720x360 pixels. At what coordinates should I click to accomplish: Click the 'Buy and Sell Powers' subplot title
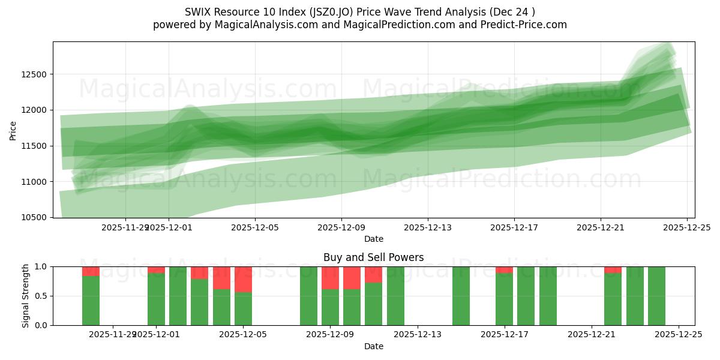373,257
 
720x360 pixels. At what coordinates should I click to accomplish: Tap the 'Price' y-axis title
13,130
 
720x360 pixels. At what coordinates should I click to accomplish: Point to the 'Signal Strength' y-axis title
25,296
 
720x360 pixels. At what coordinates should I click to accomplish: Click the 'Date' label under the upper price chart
373,239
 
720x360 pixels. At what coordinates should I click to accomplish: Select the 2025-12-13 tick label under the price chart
428,227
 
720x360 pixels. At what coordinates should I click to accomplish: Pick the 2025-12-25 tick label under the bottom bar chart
679,335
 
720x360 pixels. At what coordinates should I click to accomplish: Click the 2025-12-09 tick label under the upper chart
341,227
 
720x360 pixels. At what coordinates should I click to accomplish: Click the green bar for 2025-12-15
461,296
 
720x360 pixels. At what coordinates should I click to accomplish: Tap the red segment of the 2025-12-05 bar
243,279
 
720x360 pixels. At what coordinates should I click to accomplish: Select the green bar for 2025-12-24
656,296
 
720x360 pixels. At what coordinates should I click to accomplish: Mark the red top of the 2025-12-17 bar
505,270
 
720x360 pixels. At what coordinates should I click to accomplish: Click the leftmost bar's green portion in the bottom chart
91,301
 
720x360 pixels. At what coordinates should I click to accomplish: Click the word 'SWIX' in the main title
199,11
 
